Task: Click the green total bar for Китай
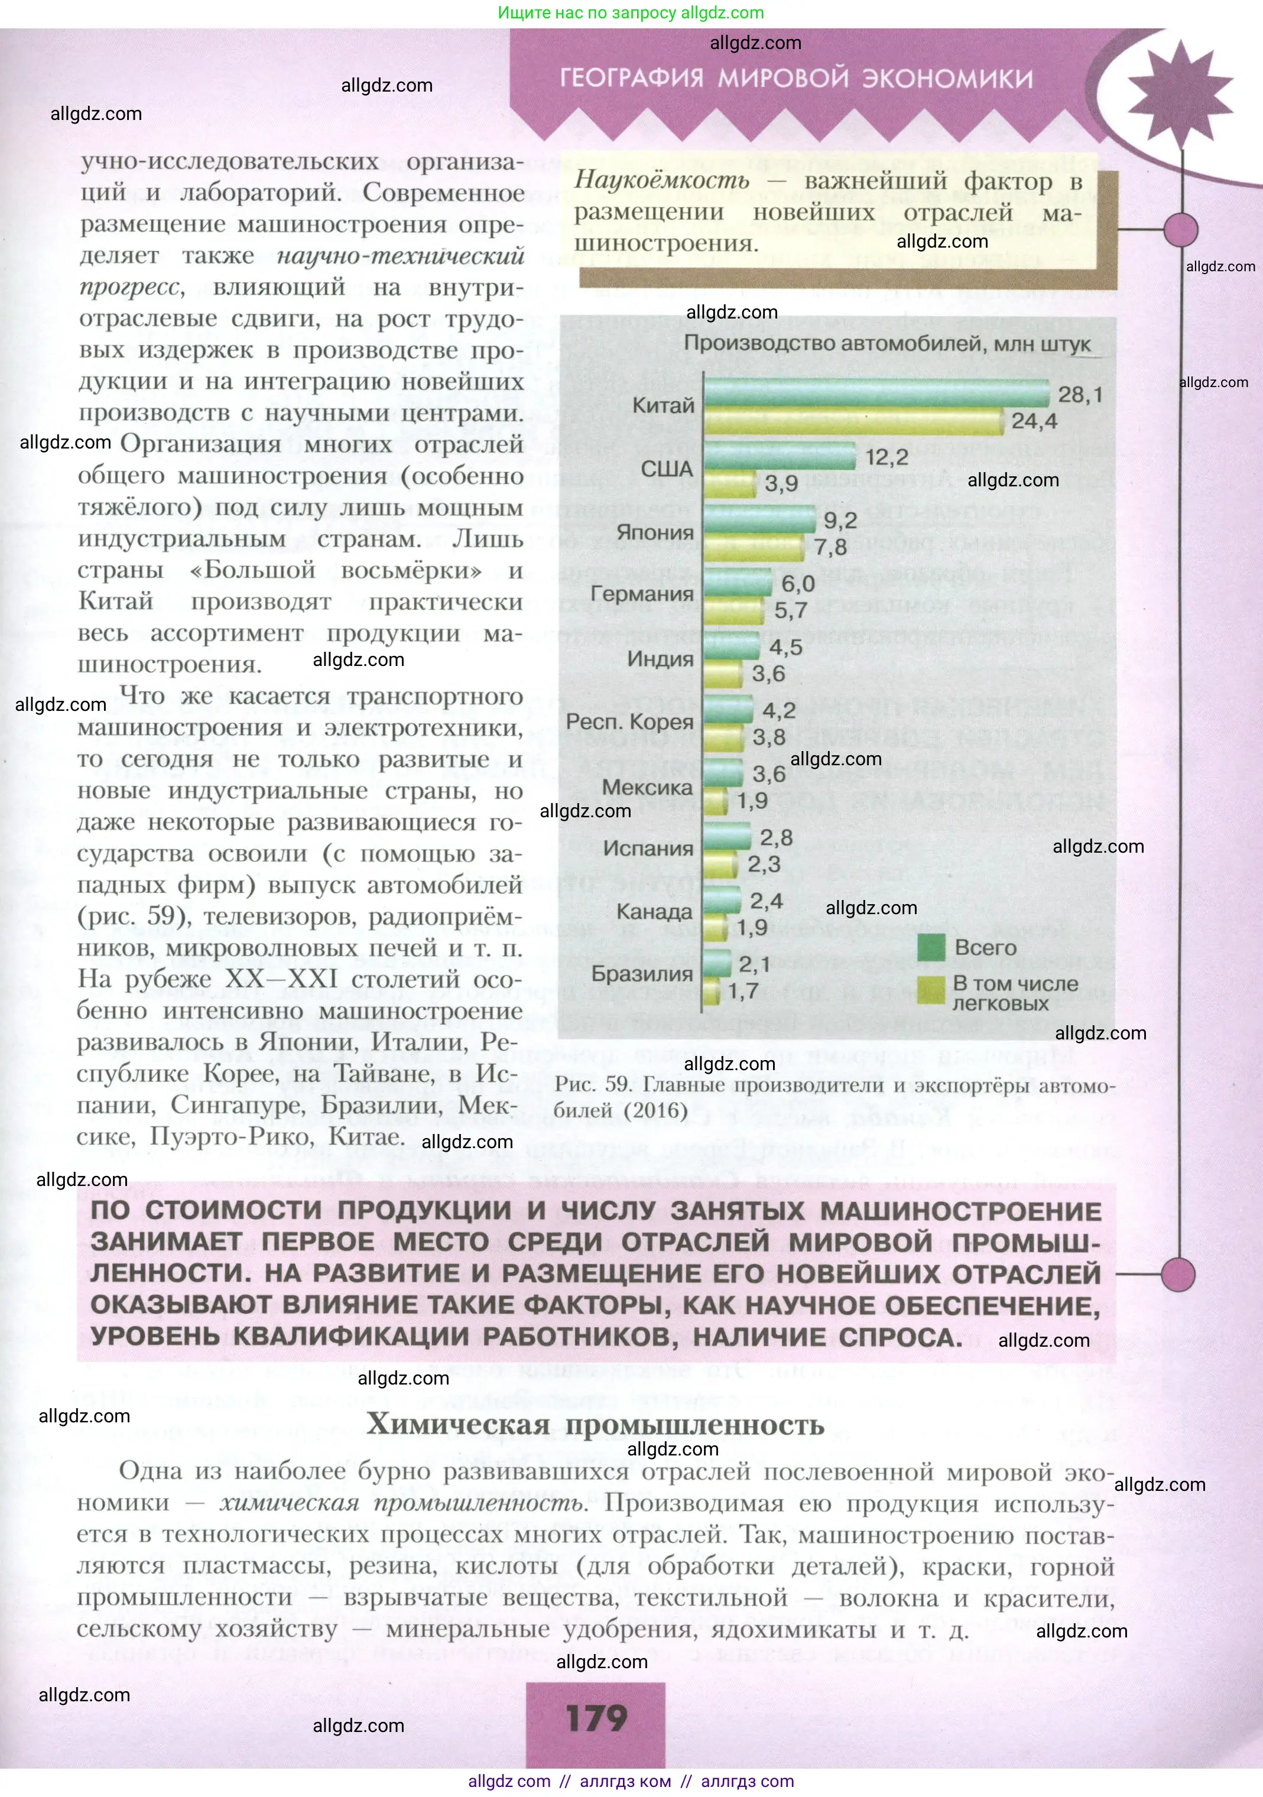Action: coord(875,393)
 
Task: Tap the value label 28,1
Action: coord(1080,395)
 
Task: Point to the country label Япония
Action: coord(655,532)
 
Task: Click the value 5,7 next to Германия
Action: coord(791,610)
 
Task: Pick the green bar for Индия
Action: coord(731,646)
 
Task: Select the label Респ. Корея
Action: coord(629,722)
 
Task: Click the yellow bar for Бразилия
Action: coord(712,992)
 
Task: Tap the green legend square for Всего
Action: coord(931,948)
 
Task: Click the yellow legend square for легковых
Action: coord(931,990)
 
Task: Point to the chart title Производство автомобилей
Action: coord(887,343)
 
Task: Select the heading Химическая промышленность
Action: coord(595,1425)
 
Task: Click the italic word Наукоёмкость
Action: coord(662,180)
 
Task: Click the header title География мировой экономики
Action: coord(796,78)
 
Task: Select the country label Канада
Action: coord(655,912)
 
